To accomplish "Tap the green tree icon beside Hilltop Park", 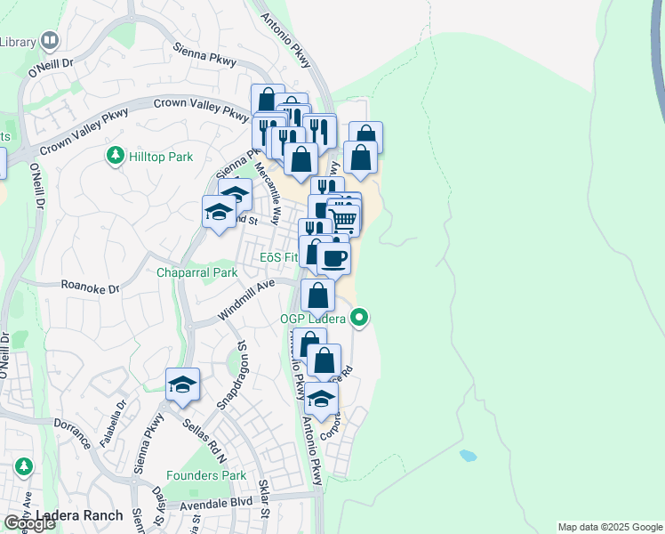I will (115, 157).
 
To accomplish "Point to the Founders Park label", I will (206, 476).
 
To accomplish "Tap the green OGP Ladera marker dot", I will (360, 316).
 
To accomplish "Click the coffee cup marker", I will (333, 259).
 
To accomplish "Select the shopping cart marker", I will (343, 217).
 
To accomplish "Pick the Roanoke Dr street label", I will (90, 286).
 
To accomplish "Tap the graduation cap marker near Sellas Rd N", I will (183, 384).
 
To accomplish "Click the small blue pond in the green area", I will (468, 456).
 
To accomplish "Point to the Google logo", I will (29, 523).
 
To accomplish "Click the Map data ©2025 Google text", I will (610, 527).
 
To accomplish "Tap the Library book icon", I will (49, 40).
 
